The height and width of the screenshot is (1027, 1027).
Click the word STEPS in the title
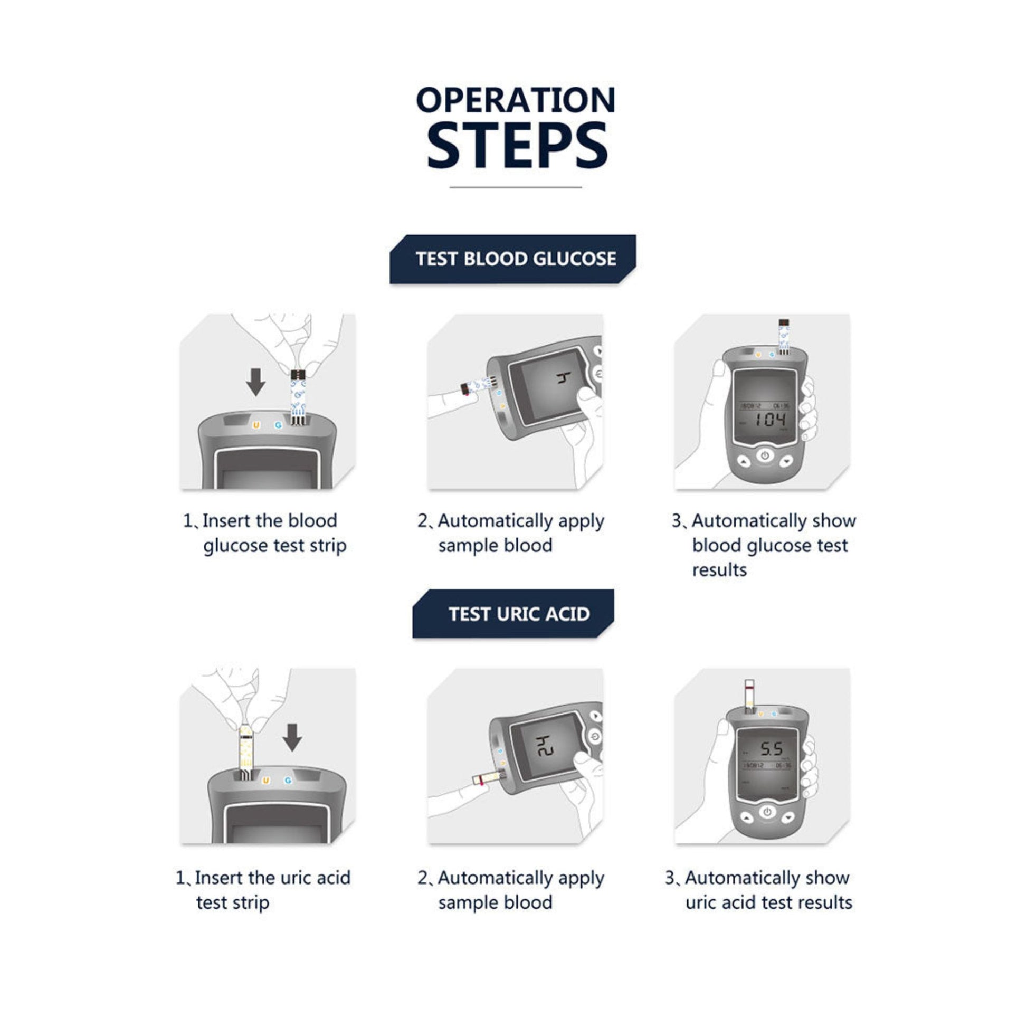[517, 145]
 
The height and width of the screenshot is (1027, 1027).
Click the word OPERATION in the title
[516, 100]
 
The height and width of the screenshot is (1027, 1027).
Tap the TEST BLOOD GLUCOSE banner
[512, 259]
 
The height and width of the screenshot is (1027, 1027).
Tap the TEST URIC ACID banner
[513, 614]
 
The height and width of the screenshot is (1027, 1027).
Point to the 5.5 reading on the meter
[772, 749]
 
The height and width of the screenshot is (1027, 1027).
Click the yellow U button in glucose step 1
[256, 425]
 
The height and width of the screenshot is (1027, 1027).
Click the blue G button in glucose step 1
[278, 425]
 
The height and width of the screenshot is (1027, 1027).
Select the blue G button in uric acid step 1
[288, 781]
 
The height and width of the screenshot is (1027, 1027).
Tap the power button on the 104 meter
[765, 455]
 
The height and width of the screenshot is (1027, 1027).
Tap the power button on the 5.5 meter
[767, 812]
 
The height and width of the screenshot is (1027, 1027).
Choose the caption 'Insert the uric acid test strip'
[263, 890]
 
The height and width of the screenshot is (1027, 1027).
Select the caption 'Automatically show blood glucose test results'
[764, 545]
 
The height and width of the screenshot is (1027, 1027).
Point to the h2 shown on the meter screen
[544, 746]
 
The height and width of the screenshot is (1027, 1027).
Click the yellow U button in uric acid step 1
[266, 781]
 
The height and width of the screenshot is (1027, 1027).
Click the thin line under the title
[516, 187]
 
